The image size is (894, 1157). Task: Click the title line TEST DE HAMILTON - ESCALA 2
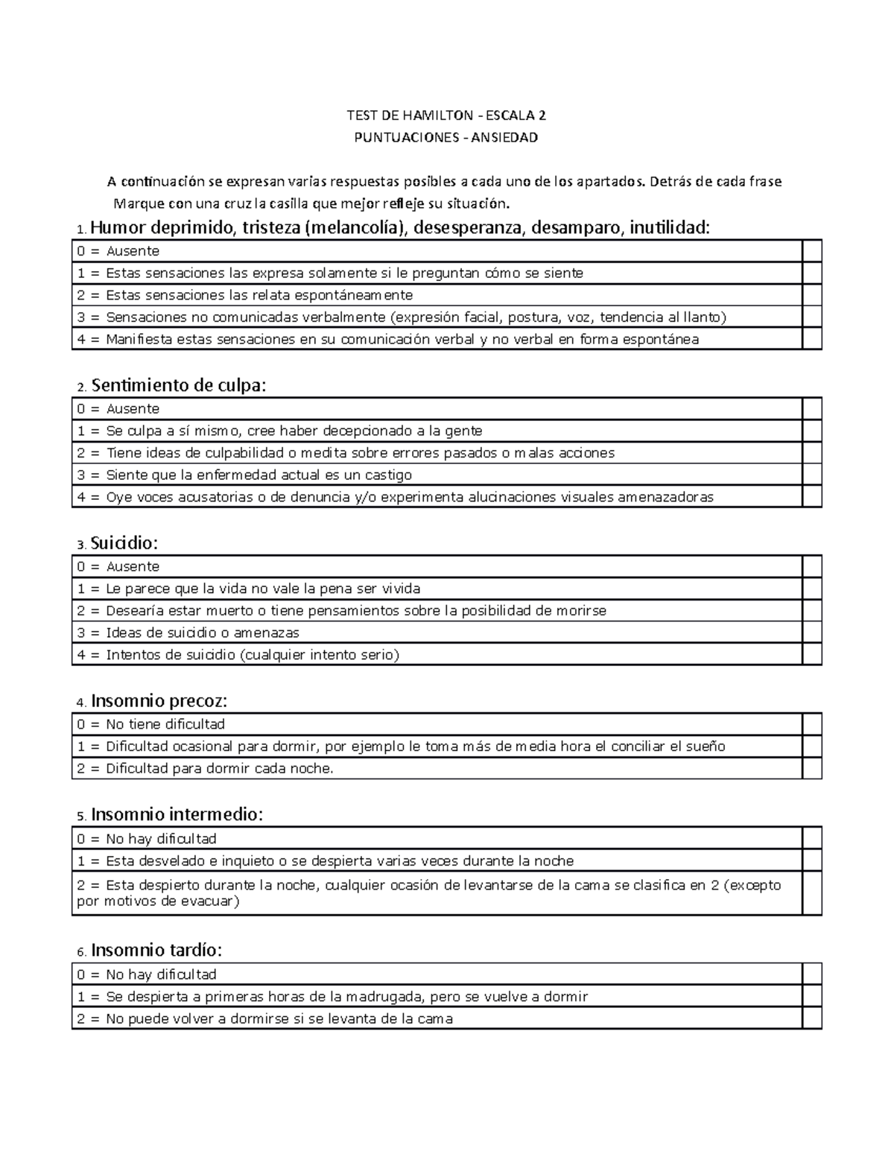[x=446, y=115]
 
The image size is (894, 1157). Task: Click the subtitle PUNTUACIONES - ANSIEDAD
[x=446, y=138]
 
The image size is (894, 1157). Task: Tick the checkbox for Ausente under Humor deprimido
[x=811, y=251]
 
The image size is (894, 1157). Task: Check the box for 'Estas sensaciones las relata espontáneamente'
[x=811, y=295]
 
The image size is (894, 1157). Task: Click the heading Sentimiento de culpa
[x=177, y=385]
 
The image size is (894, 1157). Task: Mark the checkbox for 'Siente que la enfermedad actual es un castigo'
[x=811, y=475]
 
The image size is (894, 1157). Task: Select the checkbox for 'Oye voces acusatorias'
[x=811, y=497]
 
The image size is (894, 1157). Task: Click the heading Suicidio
[x=124, y=543]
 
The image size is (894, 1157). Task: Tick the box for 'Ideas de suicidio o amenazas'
[x=811, y=633]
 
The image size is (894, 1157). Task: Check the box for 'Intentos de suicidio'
[x=811, y=655]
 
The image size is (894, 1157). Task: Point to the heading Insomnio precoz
[x=158, y=701]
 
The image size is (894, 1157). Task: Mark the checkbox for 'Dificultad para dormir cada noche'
[x=811, y=768]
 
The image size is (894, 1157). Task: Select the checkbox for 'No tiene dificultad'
[x=811, y=724]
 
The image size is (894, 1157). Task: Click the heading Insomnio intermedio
[x=177, y=814]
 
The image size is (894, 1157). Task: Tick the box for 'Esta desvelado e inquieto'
[x=811, y=860]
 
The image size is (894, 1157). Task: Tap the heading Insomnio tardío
[x=156, y=950]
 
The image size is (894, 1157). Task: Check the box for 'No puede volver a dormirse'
[x=811, y=1018]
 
